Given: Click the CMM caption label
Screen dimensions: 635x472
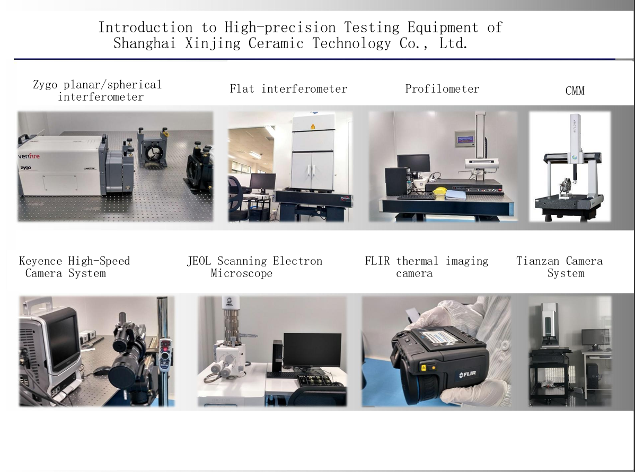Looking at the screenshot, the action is (x=575, y=91).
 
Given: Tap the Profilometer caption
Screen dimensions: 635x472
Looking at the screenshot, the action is (x=442, y=88).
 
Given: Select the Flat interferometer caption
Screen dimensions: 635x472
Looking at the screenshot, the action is (x=288, y=88).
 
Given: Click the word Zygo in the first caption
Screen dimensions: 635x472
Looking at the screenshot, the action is (x=45, y=85).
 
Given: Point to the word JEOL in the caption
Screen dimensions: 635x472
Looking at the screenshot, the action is (x=199, y=261).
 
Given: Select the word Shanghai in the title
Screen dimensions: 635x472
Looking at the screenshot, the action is (x=145, y=43).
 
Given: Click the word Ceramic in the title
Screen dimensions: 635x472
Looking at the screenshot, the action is (x=276, y=43).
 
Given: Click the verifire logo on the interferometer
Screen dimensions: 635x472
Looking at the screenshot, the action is (x=29, y=156).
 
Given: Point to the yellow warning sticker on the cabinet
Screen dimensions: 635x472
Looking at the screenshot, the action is (x=313, y=127).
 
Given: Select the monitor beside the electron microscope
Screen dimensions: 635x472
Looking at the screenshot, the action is (x=312, y=350).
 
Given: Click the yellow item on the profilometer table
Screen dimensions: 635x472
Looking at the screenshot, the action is (x=439, y=191).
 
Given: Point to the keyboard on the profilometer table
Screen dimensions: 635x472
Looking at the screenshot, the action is (x=417, y=197).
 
